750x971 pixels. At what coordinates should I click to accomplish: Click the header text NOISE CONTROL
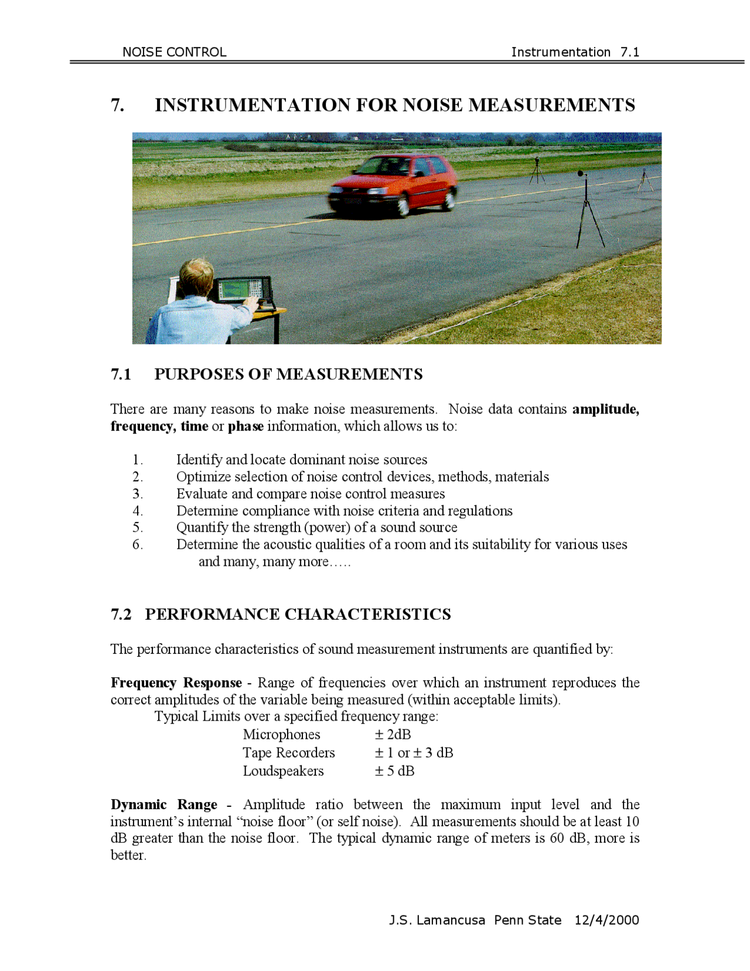(174, 52)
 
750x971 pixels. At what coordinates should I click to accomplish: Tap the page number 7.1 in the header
(630, 52)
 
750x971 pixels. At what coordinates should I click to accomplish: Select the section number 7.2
(121, 614)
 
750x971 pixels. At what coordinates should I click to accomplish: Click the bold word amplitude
(605, 409)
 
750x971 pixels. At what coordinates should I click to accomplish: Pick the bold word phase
(246, 426)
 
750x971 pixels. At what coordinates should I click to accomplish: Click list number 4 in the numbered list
(137, 511)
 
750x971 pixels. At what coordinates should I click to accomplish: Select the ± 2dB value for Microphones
(393, 734)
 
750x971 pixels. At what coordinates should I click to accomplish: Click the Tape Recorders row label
(289, 752)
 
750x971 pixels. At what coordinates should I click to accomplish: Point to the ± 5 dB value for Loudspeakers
(394, 770)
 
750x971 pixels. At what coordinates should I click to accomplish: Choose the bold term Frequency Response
(176, 683)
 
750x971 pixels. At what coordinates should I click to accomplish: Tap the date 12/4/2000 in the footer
(606, 920)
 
